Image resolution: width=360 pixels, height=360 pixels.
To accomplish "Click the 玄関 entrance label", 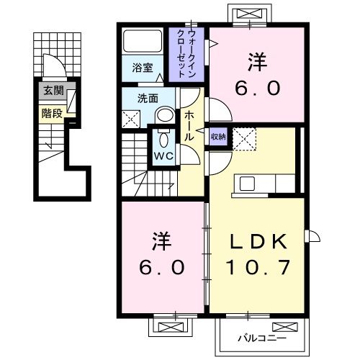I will point(53,91).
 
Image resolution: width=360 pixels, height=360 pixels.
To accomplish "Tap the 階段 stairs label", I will point(53,112).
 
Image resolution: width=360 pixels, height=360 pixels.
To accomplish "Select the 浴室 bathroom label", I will point(142,68).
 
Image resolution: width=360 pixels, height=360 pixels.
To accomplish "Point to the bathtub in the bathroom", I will point(143,41).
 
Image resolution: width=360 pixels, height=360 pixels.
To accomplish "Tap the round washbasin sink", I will point(166,114).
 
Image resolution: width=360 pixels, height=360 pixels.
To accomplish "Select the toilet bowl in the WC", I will point(161,139).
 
